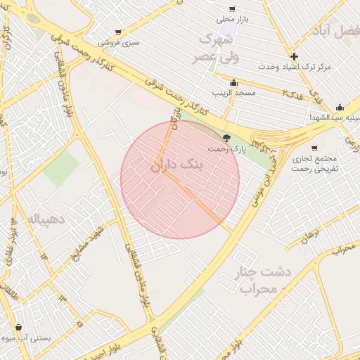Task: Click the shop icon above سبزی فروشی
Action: (117, 32)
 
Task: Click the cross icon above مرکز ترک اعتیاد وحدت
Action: (294, 56)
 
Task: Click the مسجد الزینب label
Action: (233, 93)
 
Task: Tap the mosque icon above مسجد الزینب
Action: (233, 83)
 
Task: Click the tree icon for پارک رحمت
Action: (226, 138)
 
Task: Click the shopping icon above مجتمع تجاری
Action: (314, 148)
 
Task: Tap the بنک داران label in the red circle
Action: (176, 166)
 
